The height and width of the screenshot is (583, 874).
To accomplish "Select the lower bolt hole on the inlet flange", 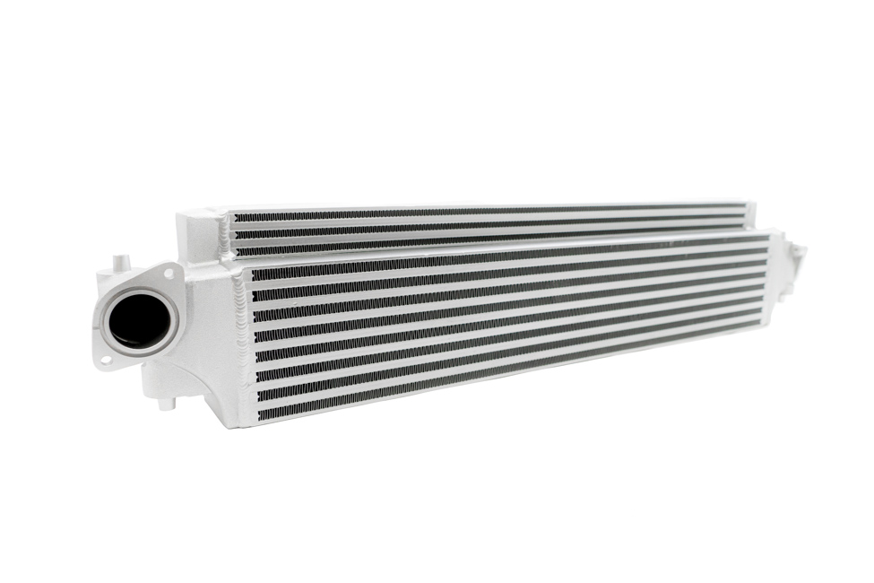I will point(106,361).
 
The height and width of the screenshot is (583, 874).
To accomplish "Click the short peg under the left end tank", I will point(163,402).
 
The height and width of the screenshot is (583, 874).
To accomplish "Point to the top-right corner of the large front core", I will point(768,232).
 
